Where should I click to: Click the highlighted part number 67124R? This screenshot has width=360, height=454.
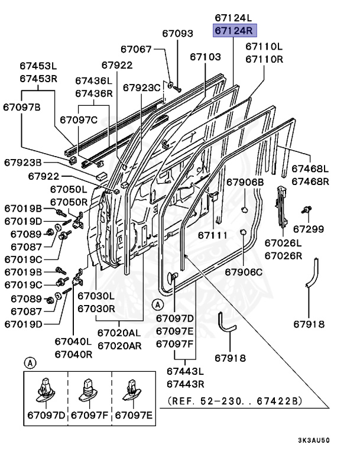[233, 30]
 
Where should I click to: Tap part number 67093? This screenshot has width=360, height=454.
[178, 34]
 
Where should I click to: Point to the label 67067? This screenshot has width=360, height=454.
[137, 50]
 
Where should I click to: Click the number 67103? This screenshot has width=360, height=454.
[205, 57]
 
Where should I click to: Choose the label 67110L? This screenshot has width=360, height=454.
[264, 46]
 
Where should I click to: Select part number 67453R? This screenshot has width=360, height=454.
[38, 79]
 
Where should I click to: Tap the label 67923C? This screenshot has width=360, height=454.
[142, 87]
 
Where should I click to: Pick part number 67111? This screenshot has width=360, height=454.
[213, 235]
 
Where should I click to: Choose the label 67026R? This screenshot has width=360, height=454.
[283, 255]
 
